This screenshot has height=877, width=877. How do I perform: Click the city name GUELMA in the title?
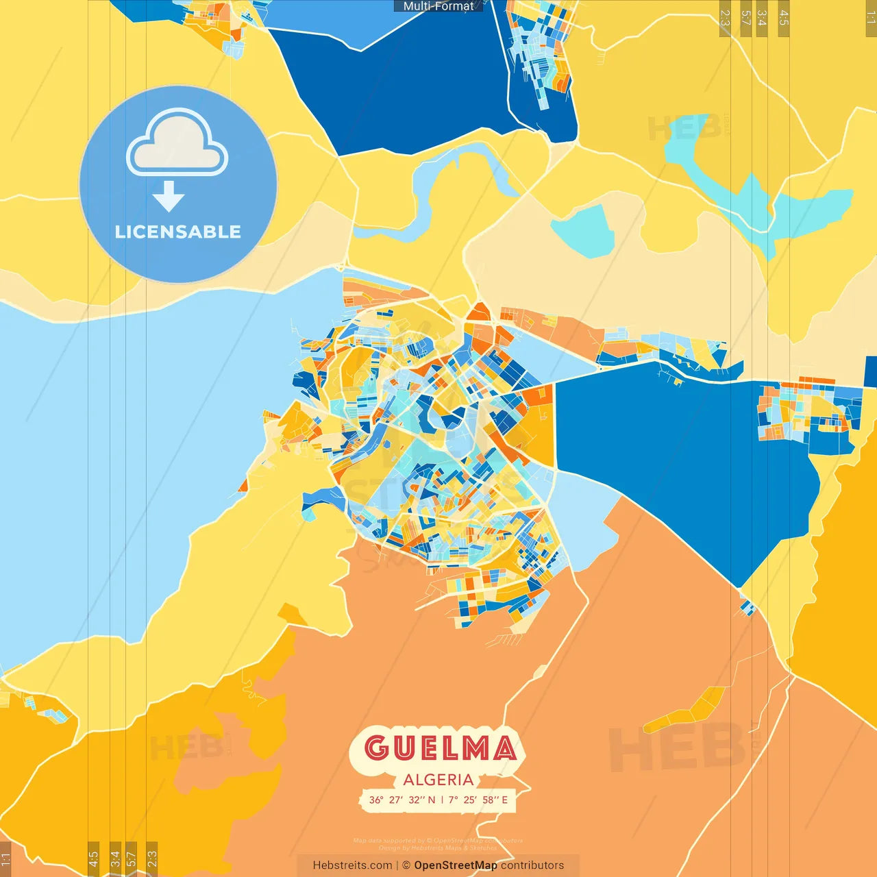(439, 748)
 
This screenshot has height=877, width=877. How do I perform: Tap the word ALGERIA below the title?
(438, 780)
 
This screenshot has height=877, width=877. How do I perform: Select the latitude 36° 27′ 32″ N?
(402, 800)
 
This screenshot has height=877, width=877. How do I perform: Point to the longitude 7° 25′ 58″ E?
(478, 800)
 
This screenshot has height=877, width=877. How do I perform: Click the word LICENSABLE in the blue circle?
(178, 232)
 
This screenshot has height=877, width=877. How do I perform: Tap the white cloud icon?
(177, 143)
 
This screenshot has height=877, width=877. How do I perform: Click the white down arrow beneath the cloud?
(169, 196)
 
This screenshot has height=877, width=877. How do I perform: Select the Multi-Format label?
(438, 6)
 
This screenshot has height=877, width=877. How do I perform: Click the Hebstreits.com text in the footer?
(352, 865)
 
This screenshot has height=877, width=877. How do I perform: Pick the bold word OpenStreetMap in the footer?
(455, 865)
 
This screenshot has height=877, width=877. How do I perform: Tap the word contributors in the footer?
(532, 865)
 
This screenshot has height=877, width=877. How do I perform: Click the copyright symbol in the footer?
(406, 865)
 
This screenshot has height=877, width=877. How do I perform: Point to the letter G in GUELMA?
(377, 748)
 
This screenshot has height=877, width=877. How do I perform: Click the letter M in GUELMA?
(473, 748)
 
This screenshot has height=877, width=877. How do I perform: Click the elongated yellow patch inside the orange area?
(685, 711)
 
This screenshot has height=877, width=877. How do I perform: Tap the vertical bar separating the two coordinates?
(442, 800)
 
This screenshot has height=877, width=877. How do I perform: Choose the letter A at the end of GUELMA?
(504, 748)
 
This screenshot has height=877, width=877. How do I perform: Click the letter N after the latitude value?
(432, 800)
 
